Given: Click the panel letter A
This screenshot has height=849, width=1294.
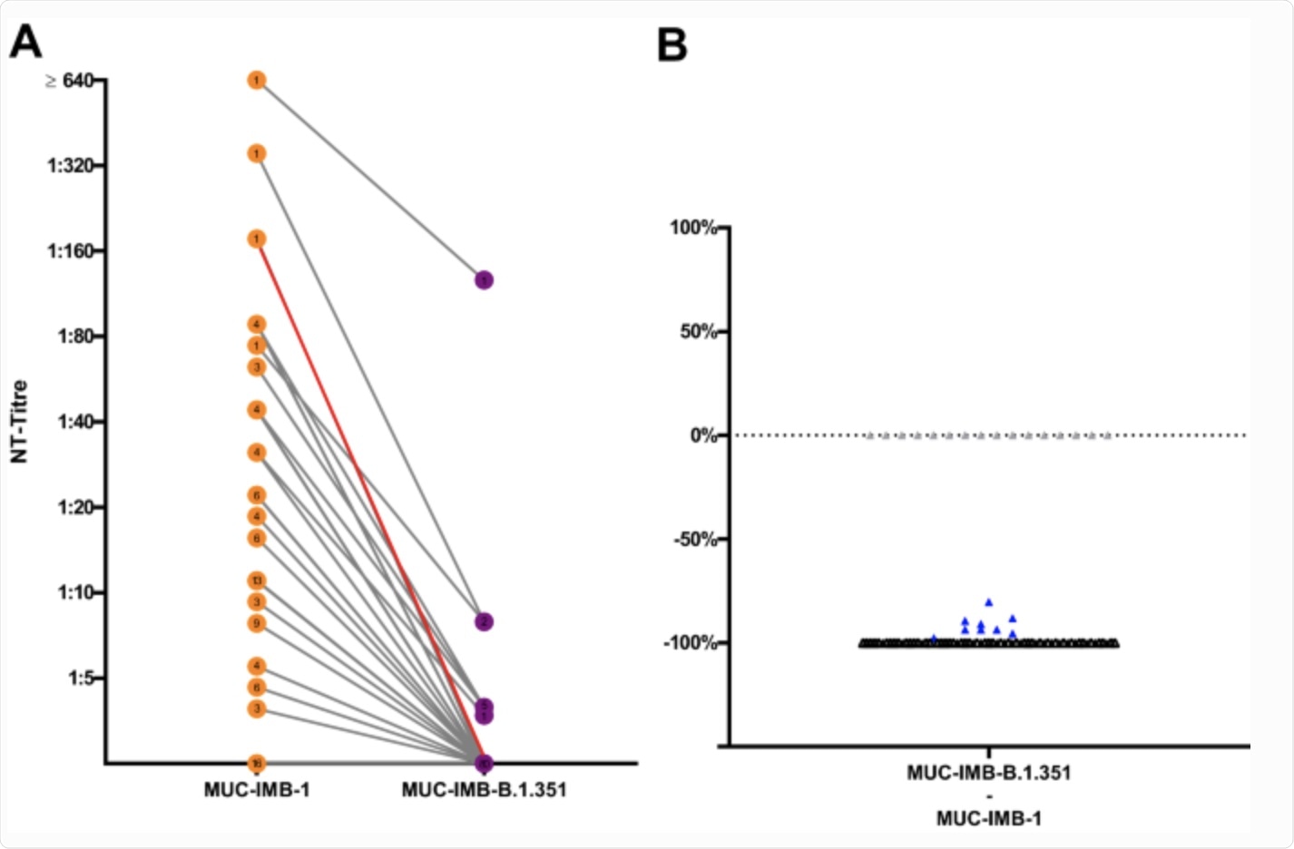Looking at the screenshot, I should tap(25, 42).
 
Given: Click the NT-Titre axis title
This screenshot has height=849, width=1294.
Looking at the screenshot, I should tap(19, 422).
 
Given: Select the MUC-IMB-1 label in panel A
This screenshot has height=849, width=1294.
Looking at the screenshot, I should tap(257, 790).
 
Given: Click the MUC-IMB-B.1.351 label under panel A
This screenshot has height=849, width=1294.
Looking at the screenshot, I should tap(484, 790).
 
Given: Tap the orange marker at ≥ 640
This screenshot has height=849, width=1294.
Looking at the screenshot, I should tap(257, 81).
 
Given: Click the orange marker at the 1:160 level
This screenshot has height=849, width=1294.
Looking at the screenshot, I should tap(257, 239).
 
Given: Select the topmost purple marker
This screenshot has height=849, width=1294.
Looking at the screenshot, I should tap(484, 280).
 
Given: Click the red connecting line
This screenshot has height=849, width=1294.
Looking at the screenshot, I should tap(370, 501).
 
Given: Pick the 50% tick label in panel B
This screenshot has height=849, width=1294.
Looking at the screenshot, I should tap(699, 332).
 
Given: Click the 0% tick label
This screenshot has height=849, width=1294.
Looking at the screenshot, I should tap(703, 436).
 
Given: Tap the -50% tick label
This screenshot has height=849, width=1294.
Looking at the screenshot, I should tap(695, 540).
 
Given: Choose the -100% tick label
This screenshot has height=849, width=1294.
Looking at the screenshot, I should tap(691, 643).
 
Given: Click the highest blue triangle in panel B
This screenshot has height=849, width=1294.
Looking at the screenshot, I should tap(988, 602).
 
